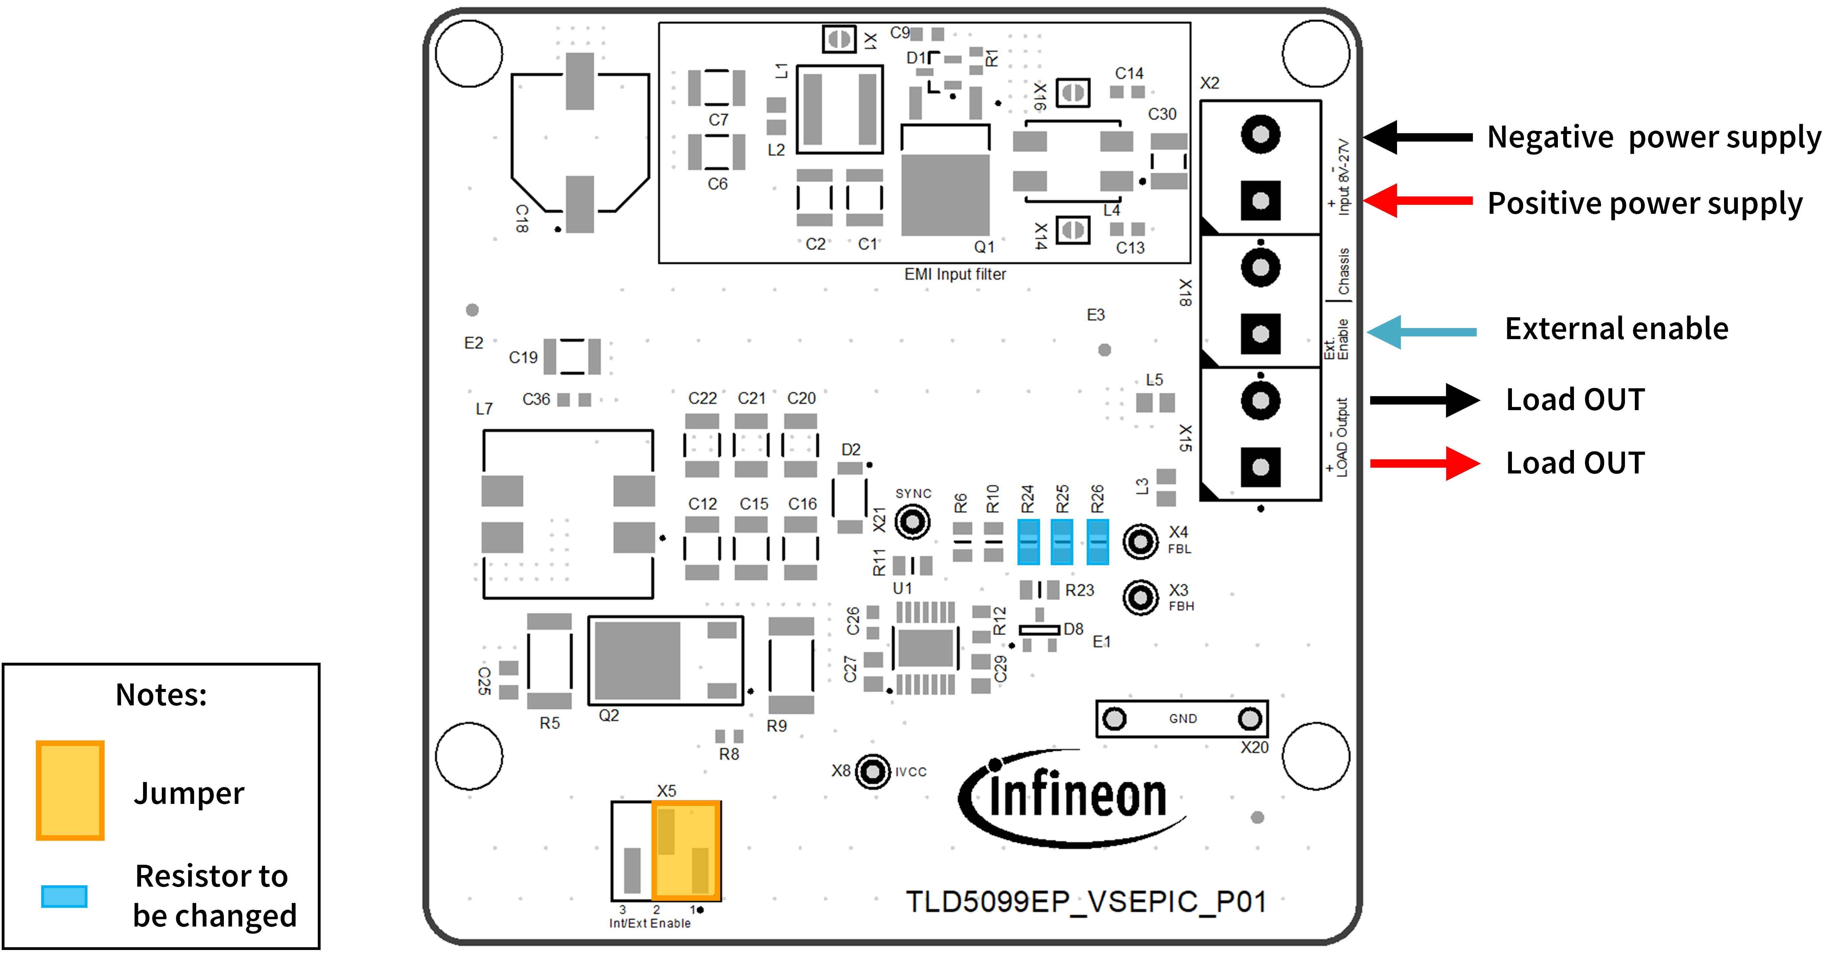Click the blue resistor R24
tap(1028, 542)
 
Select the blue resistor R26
tap(1097, 542)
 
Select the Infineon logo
tap(1072, 797)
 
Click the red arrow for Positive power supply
tap(1419, 201)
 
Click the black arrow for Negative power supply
tap(1419, 136)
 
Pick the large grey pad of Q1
tap(945, 194)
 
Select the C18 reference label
tap(522, 218)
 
